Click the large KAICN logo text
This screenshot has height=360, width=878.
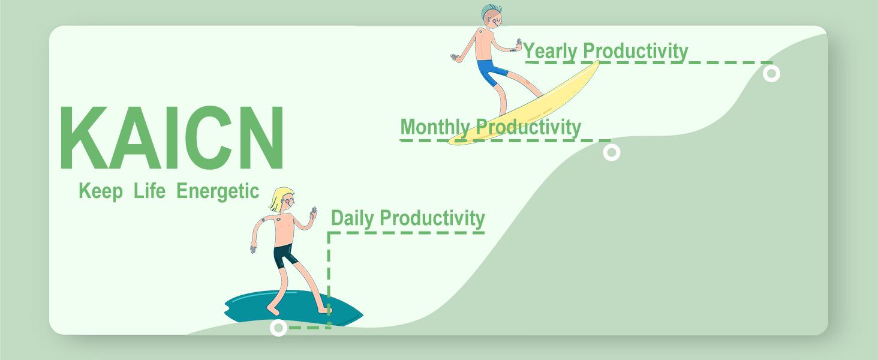(172, 137)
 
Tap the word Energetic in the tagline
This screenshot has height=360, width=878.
(218, 192)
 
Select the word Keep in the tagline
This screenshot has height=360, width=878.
(101, 192)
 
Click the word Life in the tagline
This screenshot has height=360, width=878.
(149, 191)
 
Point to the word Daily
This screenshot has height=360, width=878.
(353, 218)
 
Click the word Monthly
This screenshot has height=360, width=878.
(435, 127)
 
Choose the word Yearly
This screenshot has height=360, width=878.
(551, 52)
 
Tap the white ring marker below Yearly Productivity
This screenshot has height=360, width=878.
(771, 73)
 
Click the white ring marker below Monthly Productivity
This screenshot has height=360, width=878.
(612, 152)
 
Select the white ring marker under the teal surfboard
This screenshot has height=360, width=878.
(279, 328)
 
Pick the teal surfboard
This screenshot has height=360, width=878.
(294, 308)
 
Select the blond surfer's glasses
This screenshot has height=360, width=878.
(289, 201)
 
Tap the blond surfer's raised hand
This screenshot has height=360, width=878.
(313, 214)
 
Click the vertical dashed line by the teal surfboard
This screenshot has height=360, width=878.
(329, 279)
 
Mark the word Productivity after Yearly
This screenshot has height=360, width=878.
(635, 51)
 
